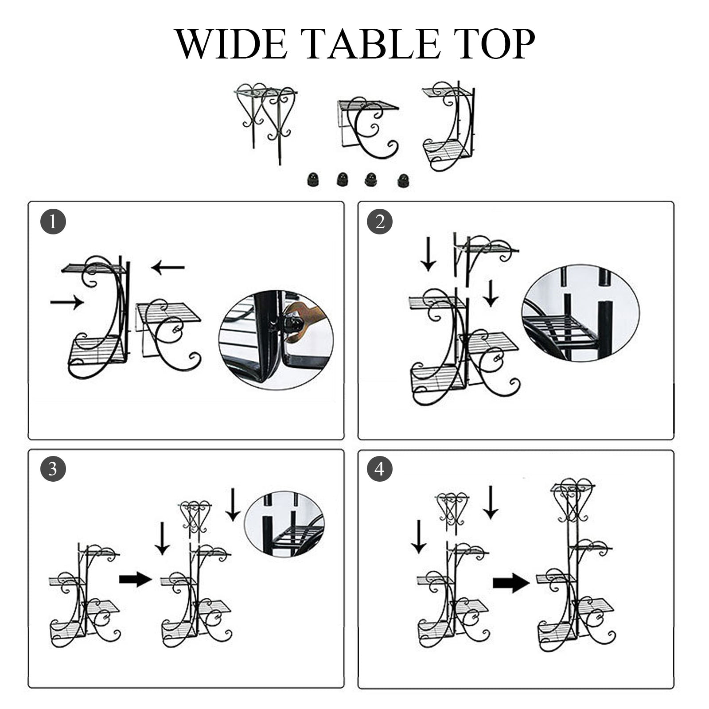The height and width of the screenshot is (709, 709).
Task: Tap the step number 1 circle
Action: click(x=53, y=222)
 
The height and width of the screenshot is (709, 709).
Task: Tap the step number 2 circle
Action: click(x=380, y=222)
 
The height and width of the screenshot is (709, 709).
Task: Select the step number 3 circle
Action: click(x=53, y=469)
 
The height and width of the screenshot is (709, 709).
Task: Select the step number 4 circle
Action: click(x=380, y=469)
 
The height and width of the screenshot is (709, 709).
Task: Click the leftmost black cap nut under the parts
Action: click(x=313, y=180)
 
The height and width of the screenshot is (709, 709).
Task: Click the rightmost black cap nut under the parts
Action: click(x=403, y=180)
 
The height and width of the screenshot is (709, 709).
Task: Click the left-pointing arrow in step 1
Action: click(x=168, y=267)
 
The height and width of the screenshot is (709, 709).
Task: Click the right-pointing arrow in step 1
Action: click(x=67, y=302)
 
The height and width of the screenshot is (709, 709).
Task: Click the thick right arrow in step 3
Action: click(x=135, y=579)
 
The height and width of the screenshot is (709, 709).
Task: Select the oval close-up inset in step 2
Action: click(x=580, y=313)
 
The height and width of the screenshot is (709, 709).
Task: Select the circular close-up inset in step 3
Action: click(x=284, y=524)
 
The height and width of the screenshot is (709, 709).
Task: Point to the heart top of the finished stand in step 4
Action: click(x=572, y=499)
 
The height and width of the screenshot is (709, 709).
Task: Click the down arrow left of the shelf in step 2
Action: click(x=428, y=254)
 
